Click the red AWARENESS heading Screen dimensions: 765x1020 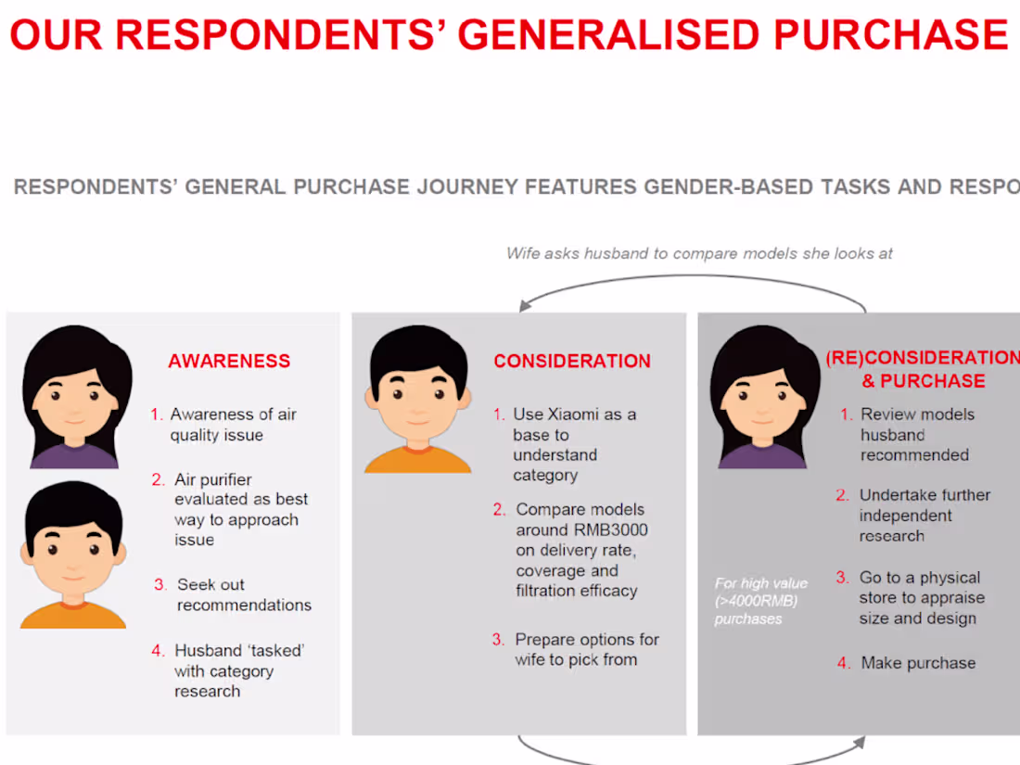pos(229,362)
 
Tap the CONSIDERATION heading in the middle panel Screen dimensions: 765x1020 pos(572,362)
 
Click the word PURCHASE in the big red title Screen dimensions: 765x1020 pos(890,35)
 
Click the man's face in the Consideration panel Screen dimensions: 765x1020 pos(417,394)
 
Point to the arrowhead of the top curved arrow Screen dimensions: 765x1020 pos(526,306)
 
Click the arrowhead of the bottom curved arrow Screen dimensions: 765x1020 pos(860,743)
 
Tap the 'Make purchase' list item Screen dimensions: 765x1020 pos(918,663)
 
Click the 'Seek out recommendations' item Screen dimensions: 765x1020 pos(243,594)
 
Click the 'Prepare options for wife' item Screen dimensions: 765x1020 pos(586,649)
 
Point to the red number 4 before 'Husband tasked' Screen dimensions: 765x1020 pos(158,651)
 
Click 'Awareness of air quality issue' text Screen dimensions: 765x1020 pos(232,425)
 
